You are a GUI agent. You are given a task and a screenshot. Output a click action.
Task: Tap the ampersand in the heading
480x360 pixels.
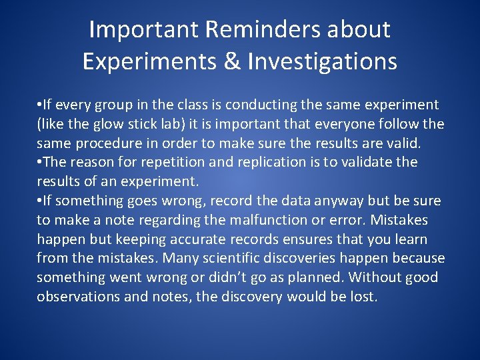pyautogui.click(x=233, y=61)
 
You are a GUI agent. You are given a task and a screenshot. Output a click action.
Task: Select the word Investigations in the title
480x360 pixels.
pyautogui.click(x=323, y=61)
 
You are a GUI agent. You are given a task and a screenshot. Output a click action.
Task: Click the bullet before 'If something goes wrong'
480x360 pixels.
pyautogui.click(x=39, y=201)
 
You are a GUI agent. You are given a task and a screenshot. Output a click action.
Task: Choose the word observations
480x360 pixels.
pyautogui.click(x=79, y=297)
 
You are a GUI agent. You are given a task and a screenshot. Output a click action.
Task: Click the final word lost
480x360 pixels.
pyautogui.click(x=364, y=297)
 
